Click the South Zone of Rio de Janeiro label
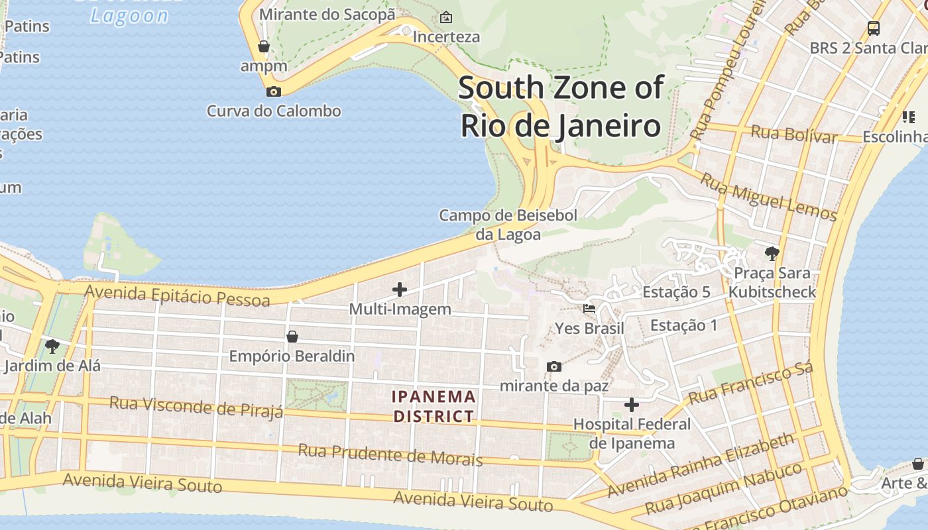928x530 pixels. click(561, 106)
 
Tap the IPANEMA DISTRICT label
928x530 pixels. click(434, 406)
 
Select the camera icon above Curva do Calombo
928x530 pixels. click(273, 91)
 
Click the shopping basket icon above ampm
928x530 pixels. click(264, 46)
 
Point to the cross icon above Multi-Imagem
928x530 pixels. click(400, 290)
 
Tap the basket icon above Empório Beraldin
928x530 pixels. click(292, 337)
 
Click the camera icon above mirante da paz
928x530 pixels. click(554, 366)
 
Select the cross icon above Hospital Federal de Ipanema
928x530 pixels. click(632, 404)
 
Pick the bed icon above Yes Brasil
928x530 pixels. click(589, 309)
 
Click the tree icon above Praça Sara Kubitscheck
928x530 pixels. click(772, 252)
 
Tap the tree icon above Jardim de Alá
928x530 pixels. click(52, 346)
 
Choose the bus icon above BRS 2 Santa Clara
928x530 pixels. click(874, 28)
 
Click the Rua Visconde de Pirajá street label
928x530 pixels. click(196, 407)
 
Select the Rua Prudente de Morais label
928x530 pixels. click(390, 454)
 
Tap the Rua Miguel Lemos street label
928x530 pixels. click(769, 196)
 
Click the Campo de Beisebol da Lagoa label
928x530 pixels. click(508, 225)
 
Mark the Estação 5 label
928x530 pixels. click(676, 292)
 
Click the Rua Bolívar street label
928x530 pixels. click(794, 134)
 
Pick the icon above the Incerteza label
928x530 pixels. click(446, 17)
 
